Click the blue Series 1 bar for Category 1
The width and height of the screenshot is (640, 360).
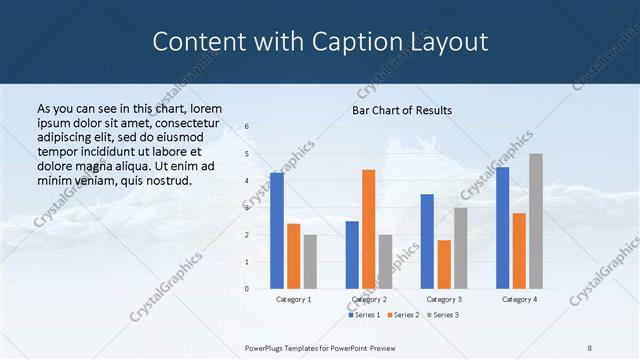point(277,230)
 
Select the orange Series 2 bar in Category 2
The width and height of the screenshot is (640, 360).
point(368,229)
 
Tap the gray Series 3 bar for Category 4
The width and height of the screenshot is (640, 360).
point(536,221)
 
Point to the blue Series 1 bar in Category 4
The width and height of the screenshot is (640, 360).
point(502,228)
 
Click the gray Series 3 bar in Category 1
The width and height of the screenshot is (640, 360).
point(310,261)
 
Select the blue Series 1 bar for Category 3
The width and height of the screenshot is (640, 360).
point(427,241)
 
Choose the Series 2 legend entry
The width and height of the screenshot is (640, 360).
point(403,315)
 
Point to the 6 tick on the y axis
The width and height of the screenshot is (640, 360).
point(247,127)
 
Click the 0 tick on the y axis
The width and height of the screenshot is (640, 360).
point(247,289)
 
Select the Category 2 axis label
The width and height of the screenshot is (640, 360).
point(369,299)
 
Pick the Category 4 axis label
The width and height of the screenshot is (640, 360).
point(519,299)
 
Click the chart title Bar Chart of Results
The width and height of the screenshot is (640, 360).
point(402,110)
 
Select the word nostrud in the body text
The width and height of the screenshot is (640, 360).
point(165,180)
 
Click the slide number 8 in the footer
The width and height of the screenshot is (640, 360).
point(590,347)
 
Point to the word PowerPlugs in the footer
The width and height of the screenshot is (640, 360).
point(267,347)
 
